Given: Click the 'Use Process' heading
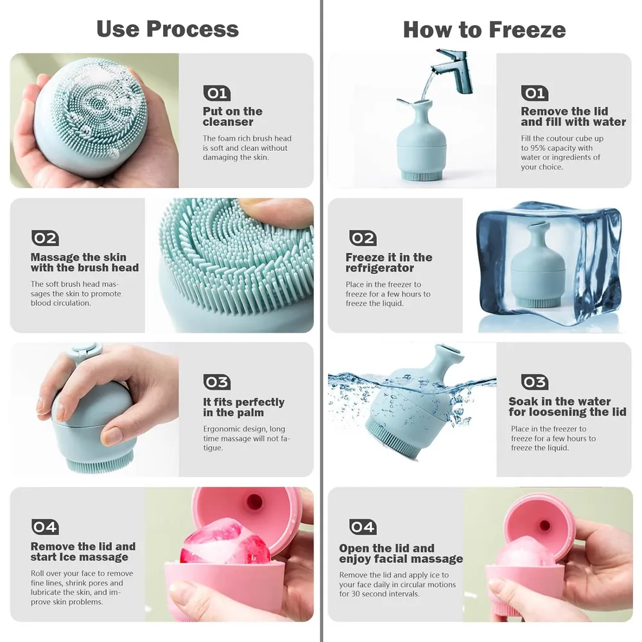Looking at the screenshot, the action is click(x=168, y=29).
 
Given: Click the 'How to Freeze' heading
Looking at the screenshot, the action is click(x=484, y=30).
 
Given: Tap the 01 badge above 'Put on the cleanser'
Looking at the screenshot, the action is click(x=216, y=93).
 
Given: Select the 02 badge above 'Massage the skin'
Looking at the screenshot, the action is click(x=45, y=238).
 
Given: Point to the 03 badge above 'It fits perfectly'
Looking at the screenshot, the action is click(x=216, y=382).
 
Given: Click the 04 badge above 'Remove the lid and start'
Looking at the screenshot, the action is click(x=45, y=526).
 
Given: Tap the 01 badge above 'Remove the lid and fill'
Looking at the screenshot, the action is click(x=534, y=93).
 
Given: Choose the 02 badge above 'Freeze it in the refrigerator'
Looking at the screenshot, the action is click(x=363, y=238).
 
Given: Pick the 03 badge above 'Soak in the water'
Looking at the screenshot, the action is click(x=534, y=382).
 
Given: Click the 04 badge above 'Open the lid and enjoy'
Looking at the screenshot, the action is click(x=363, y=526).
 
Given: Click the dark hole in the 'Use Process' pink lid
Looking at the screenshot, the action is click(x=254, y=501).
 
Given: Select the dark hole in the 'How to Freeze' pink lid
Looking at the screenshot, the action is click(x=544, y=525).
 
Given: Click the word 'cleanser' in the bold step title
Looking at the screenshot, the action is click(x=228, y=122).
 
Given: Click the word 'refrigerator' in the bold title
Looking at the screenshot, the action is click(x=379, y=268).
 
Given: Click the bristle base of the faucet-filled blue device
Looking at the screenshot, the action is click(x=421, y=176).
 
